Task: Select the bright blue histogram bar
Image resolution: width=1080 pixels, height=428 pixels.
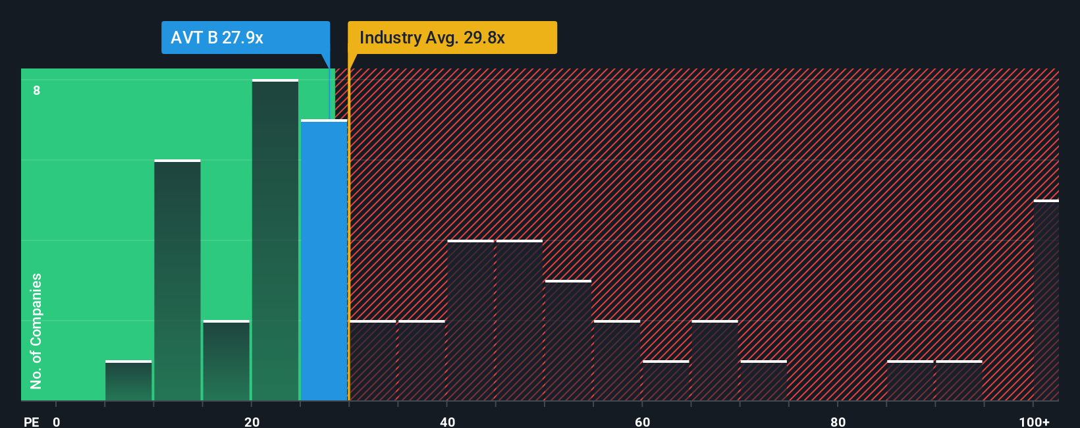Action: [324, 260]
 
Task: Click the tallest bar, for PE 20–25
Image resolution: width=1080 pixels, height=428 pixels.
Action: [275, 240]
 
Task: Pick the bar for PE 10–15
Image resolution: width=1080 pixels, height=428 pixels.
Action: [177, 281]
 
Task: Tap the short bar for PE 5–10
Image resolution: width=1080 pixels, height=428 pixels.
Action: [128, 381]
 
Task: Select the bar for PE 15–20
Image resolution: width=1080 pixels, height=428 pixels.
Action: [227, 361]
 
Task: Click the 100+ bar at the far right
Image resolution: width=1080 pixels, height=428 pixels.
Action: [1046, 300]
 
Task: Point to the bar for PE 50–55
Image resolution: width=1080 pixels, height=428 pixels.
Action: [568, 340]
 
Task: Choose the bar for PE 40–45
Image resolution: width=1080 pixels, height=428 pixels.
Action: [470, 321]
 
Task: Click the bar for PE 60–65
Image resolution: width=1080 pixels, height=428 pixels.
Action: [666, 381]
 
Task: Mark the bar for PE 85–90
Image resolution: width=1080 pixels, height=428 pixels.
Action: [910, 381]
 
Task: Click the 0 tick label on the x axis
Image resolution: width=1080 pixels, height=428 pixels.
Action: [57, 422]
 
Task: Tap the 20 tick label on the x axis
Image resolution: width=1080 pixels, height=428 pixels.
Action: [252, 422]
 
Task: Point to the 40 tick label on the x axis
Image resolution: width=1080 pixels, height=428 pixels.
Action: [447, 422]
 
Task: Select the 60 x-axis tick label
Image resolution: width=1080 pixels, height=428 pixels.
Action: [643, 422]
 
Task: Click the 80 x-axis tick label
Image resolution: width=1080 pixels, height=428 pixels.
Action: [838, 422]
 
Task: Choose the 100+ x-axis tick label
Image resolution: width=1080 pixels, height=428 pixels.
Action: [1034, 422]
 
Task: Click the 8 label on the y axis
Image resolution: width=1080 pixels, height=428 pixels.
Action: [37, 90]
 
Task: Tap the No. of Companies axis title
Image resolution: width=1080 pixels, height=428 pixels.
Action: [36, 331]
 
